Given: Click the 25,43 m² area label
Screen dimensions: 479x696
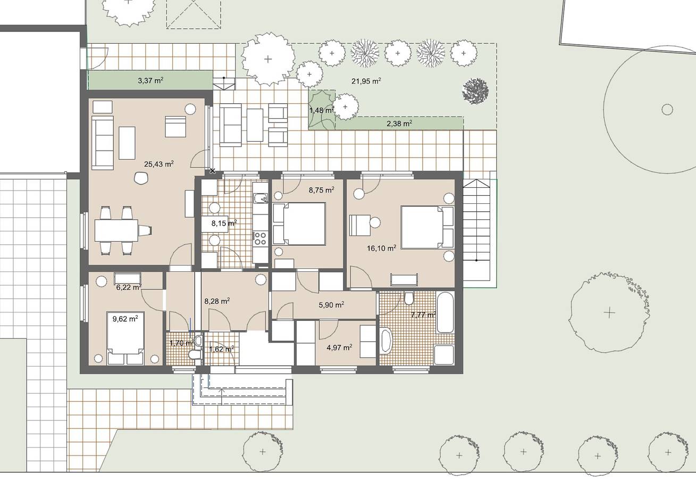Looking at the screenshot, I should coord(159,164).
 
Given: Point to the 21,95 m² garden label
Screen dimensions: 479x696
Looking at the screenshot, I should coord(366,81).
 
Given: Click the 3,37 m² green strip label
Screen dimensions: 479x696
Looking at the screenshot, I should coord(150,81).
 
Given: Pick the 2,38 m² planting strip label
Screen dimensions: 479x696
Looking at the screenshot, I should coord(399,123).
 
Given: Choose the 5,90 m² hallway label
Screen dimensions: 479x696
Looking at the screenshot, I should coord(331,305).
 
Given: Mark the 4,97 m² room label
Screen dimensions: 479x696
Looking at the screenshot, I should coord(339,348).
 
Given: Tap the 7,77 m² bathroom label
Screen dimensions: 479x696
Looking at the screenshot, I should coord(423,315).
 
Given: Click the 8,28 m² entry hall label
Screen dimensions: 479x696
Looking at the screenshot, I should coord(217,301).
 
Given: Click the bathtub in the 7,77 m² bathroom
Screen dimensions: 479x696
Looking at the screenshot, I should coord(445,312).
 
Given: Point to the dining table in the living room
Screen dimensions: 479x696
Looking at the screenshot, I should coord(116,230).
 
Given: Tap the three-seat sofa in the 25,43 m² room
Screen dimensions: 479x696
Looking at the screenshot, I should coord(103,142).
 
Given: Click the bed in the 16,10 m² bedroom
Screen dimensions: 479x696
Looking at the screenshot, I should coord(427,227).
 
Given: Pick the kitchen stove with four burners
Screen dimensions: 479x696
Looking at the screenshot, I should coord(260,237).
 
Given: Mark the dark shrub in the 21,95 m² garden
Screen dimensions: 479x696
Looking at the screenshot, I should coord(475,91).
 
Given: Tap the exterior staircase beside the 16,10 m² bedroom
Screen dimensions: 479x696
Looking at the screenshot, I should coord(476,232).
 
